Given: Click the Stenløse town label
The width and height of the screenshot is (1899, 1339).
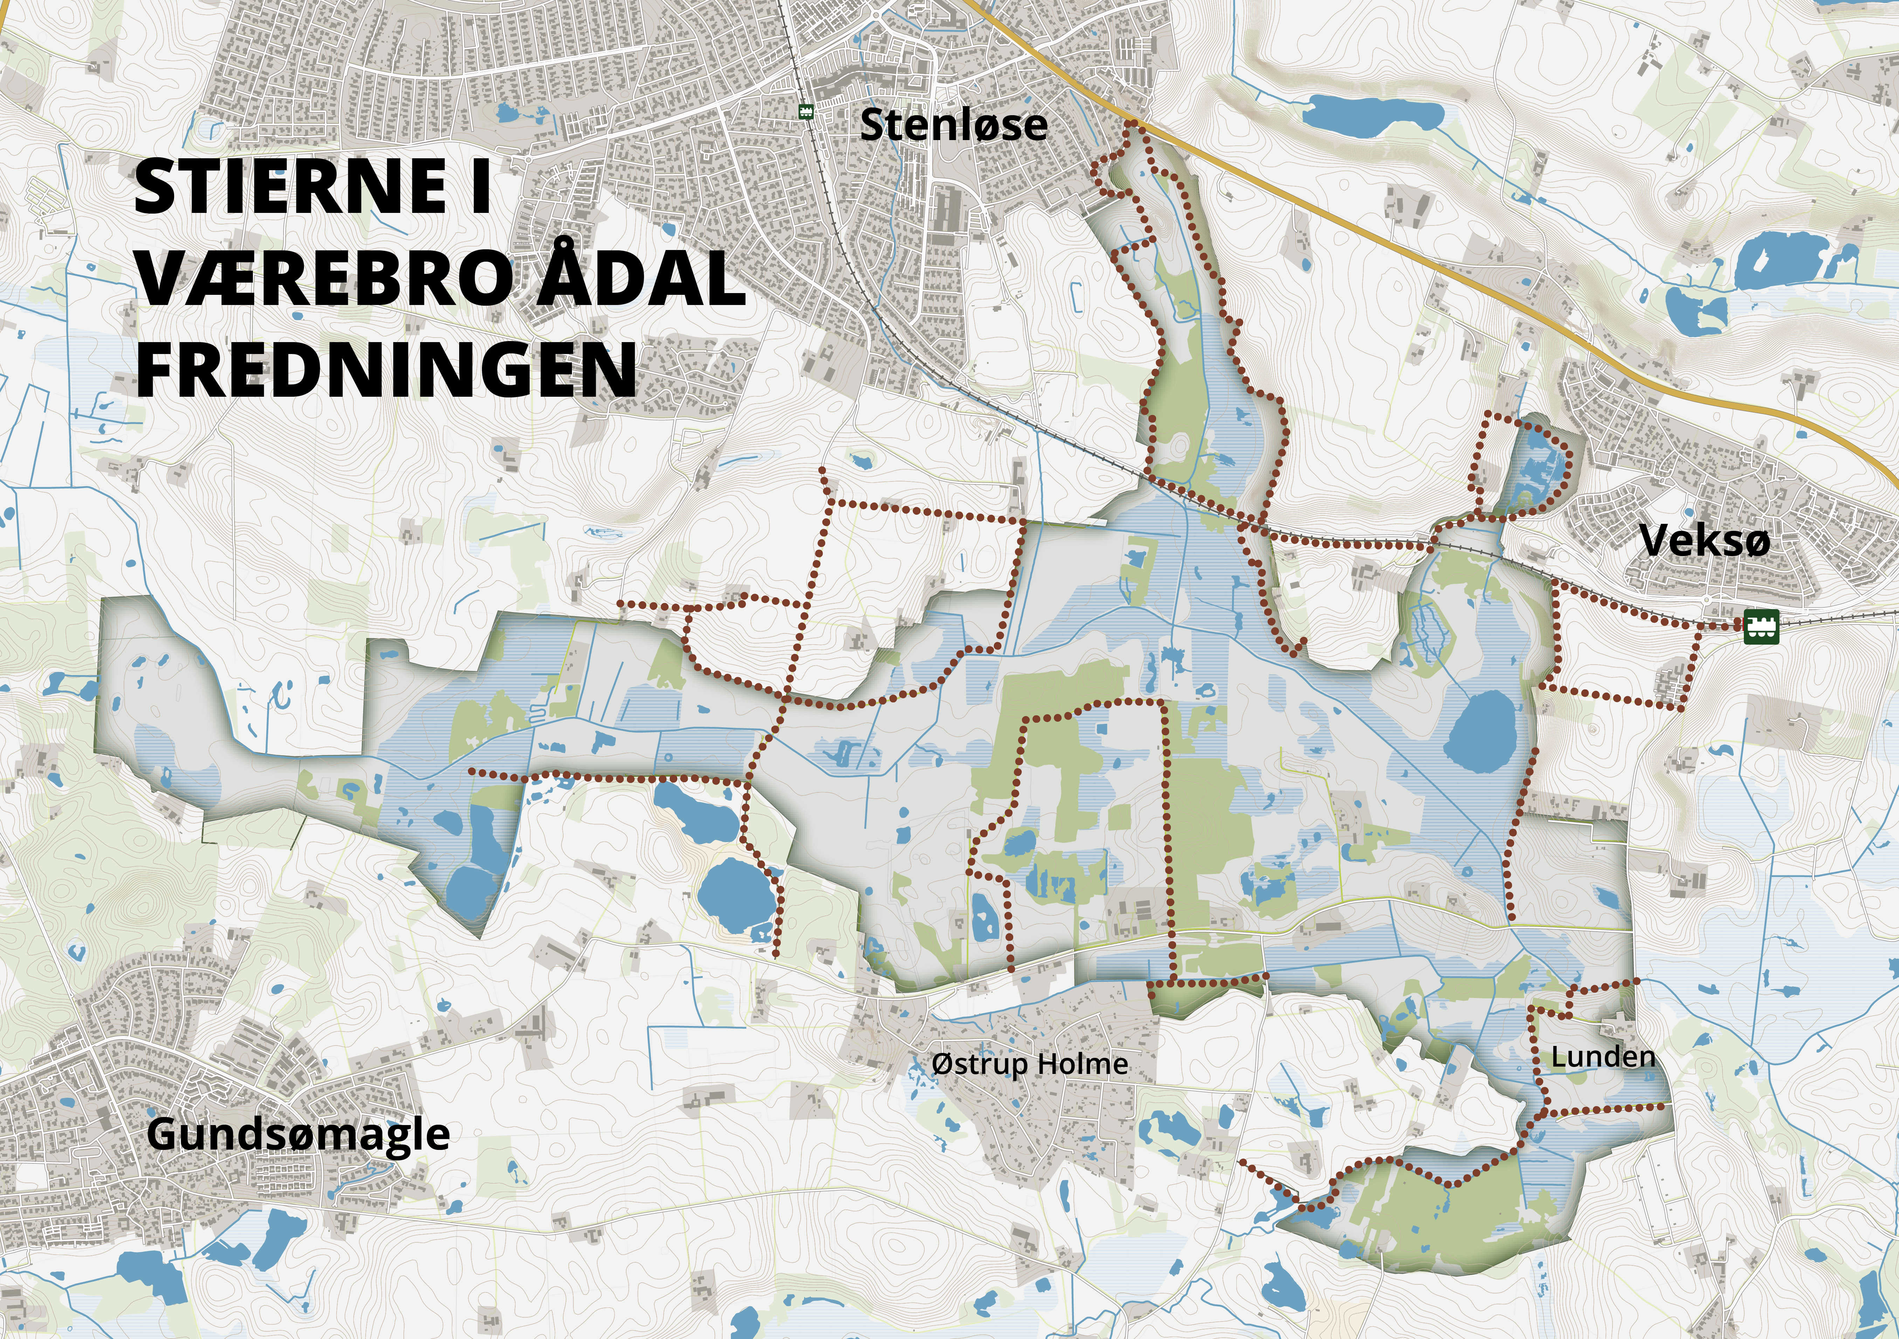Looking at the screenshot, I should (954, 125).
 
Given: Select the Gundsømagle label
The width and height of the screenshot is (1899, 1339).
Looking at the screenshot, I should (298, 1135).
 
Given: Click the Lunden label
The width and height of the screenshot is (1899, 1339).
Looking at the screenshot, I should (1603, 1057).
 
